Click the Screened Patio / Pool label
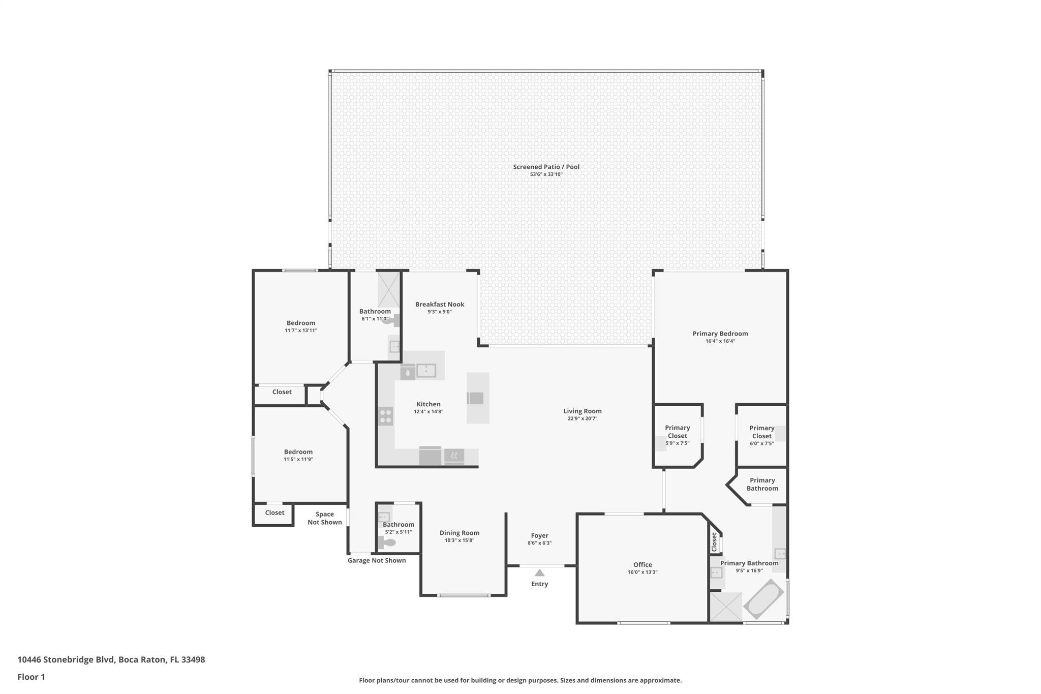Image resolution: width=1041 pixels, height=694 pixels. [x=546, y=167]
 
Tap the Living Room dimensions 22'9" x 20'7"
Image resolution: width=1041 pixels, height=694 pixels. [x=583, y=419]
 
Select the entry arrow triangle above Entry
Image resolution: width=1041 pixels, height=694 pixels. [x=539, y=573]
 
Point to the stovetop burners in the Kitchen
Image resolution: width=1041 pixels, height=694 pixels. [x=385, y=416]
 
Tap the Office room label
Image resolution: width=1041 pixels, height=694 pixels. [x=642, y=565]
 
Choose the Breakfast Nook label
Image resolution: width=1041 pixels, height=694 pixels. [x=439, y=305]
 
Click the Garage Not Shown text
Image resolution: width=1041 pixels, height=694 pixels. [x=376, y=561]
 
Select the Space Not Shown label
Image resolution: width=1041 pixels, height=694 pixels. [x=324, y=518]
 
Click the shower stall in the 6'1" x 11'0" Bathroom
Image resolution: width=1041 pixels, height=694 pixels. [x=389, y=290]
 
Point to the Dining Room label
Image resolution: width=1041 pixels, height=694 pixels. [x=459, y=533]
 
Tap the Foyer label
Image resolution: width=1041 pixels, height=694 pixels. [x=539, y=536]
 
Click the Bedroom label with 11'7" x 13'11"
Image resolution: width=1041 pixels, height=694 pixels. [x=300, y=323]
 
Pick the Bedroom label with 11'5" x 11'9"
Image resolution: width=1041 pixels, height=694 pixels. [x=298, y=452]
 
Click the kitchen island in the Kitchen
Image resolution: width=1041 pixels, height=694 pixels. [x=478, y=398]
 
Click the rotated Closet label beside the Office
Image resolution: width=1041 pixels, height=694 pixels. [x=714, y=542]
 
